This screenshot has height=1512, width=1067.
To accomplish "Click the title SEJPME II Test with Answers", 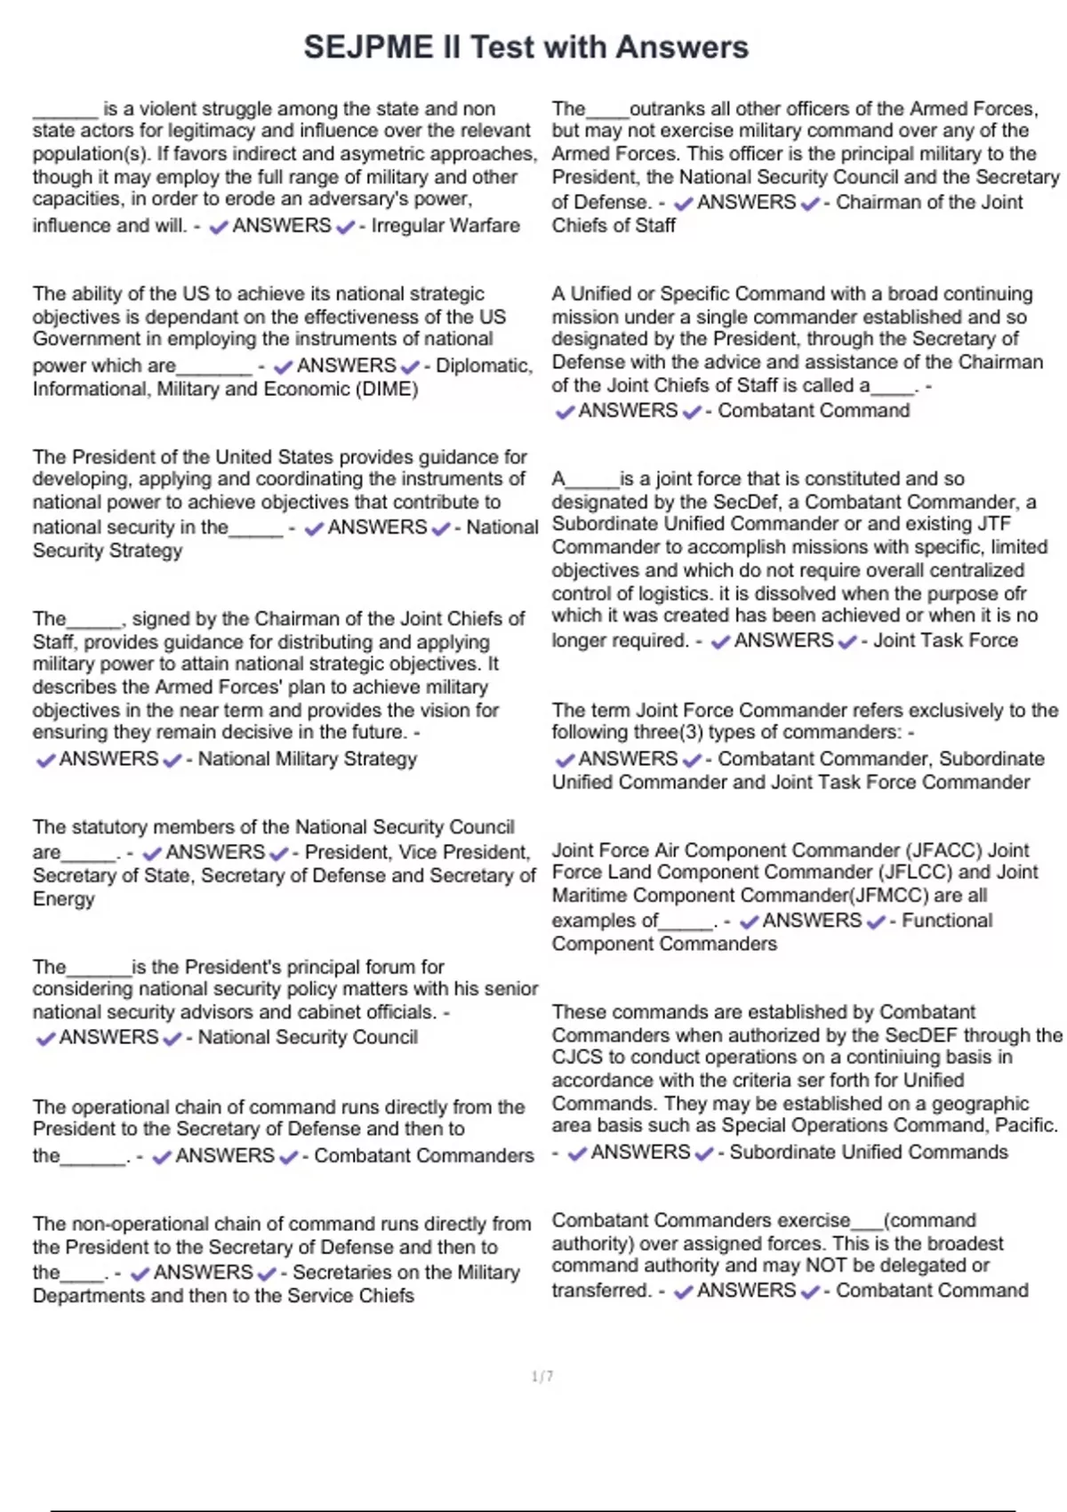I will (525, 47).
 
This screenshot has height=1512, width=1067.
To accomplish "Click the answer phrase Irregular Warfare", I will (445, 226).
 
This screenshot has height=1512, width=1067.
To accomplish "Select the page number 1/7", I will (542, 1377).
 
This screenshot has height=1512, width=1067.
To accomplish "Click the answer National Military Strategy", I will (307, 760).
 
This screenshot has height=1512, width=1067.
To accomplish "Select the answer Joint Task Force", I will (945, 640).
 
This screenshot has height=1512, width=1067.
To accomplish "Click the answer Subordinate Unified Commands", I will (869, 1153).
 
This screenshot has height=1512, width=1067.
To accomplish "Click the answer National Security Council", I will (307, 1038).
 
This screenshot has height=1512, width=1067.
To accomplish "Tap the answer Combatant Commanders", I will (423, 1156).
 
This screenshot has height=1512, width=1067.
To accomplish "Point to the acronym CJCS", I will (575, 1058).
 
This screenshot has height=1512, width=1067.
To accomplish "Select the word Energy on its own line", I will (63, 899).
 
